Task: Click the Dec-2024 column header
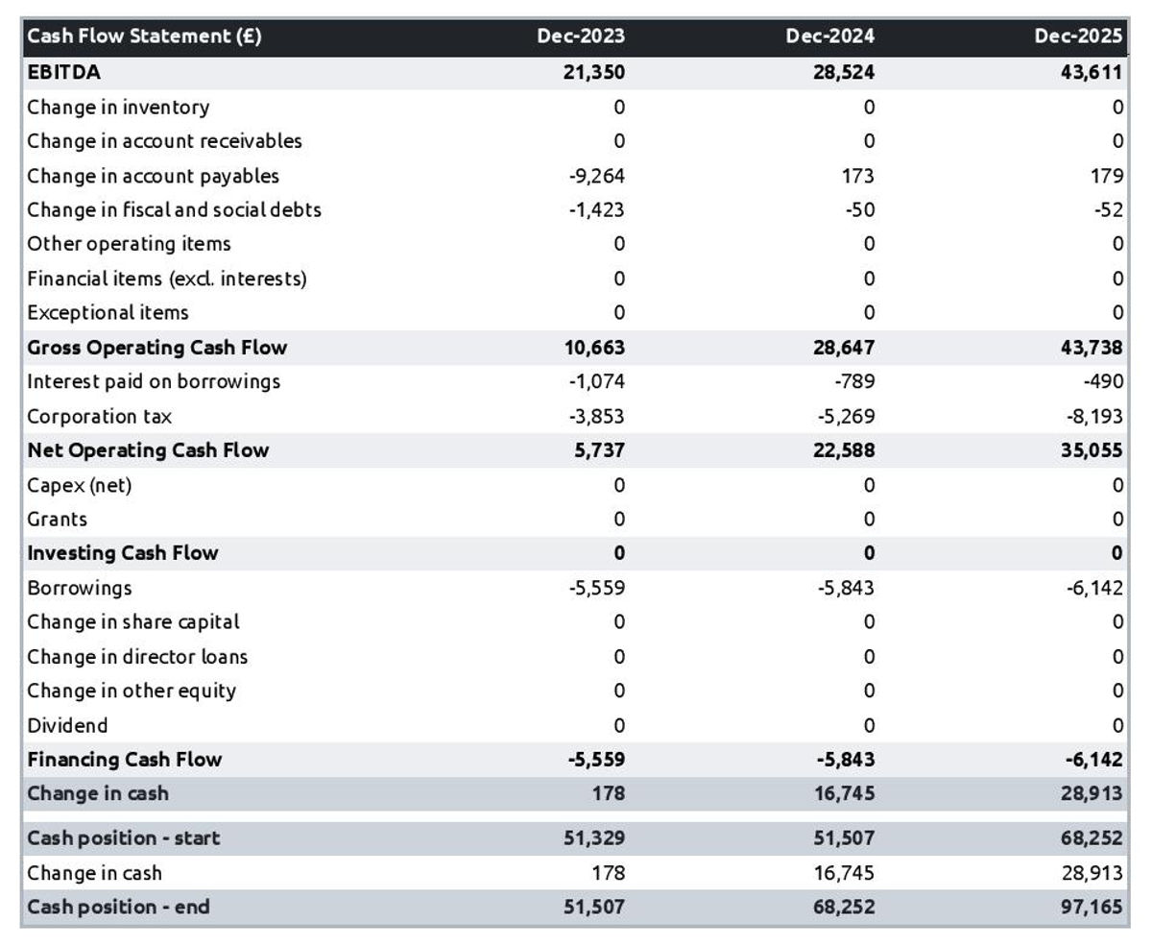(829, 36)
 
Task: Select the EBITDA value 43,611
(1092, 72)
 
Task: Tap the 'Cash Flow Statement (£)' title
(144, 36)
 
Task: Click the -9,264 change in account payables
(596, 176)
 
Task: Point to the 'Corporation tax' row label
(100, 417)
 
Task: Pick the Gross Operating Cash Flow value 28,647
(844, 348)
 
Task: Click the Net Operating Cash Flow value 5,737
(602, 450)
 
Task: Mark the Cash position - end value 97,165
(1092, 908)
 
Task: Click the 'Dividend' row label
(67, 726)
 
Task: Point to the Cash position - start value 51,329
(595, 838)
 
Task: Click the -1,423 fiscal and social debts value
(596, 209)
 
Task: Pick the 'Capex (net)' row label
(80, 485)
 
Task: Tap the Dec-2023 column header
(580, 36)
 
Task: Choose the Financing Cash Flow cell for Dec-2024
(845, 760)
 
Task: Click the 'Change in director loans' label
(137, 657)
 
